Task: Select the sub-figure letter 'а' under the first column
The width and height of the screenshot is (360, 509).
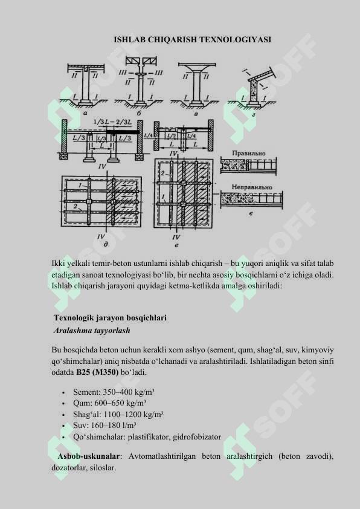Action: (85, 112)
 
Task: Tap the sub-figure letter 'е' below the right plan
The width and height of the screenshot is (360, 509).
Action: (176, 246)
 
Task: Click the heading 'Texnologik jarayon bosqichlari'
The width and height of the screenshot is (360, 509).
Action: (110, 317)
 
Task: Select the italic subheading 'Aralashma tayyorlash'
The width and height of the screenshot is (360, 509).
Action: (92, 331)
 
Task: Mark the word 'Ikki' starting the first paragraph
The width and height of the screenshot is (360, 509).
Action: (59, 264)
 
